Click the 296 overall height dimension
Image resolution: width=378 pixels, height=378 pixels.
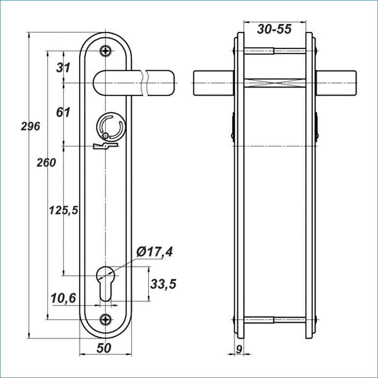click(x=30, y=127)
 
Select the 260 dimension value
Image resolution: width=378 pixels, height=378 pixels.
click(x=46, y=163)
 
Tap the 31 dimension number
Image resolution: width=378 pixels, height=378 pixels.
click(x=63, y=68)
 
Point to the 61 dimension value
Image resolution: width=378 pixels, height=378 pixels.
click(x=63, y=112)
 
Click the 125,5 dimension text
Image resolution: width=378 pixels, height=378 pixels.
click(x=64, y=211)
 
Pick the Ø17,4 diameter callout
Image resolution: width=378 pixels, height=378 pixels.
click(x=154, y=252)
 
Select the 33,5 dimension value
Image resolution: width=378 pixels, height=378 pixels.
click(x=163, y=284)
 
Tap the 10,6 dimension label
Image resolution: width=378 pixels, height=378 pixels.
click(x=63, y=299)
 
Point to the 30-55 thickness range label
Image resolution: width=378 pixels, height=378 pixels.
click(x=274, y=29)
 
